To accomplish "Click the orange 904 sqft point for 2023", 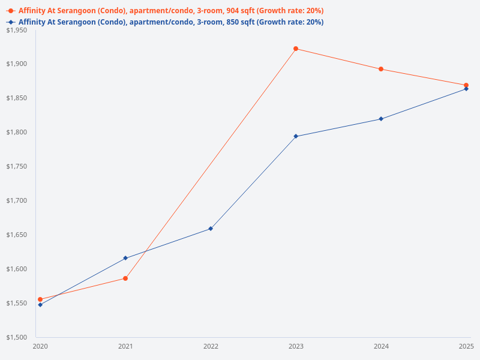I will (x=296, y=49).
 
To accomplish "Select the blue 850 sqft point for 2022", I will (x=211, y=229).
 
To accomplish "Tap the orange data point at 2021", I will (x=125, y=278).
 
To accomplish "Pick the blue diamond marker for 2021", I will (x=125, y=258).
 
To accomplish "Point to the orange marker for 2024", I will (x=381, y=69).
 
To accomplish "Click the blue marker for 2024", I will (x=381, y=119).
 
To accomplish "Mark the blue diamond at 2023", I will (x=296, y=136).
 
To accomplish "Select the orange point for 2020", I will (x=40, y=299).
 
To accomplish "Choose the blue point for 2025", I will (x=466, y=89).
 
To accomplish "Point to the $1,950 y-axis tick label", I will (x=16, y=30).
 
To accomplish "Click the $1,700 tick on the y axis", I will (x=16, y=200).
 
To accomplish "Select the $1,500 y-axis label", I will (x=16, y=337).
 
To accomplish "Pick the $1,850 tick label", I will (x=16, y=98).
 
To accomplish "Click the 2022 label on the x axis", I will (x=211, y=346).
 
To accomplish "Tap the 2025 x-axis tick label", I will (x=466, y=346).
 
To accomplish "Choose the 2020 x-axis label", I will (x=40, y=346).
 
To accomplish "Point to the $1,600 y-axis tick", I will (x=16, y=269).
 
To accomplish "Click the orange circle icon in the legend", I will (x=11, y=11).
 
